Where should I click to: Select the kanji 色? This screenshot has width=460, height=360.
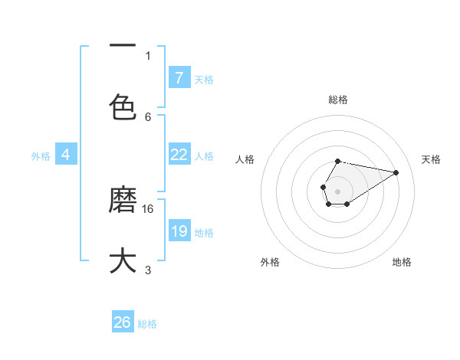pyautogui.click(x=123, y=106)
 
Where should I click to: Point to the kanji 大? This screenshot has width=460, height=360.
pyautogui.click(x=123, y=260)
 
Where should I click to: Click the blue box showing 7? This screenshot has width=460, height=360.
pyautogui.click(x=179, y=77)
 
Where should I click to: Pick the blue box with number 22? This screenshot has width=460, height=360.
pyautogui.click(x=179, y=155)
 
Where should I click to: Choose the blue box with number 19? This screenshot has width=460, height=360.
pyautogui.click(x=179, y=231)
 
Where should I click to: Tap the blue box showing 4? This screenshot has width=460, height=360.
pyautogui.click(x=65, y=155)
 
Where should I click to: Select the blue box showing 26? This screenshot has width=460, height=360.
pyautogui.click(x=123, y=322)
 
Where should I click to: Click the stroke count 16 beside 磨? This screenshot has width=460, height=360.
pyautogui.click(x=149, y=208)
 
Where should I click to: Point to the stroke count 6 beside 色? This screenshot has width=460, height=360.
pyautogui.click(x=148, y=116)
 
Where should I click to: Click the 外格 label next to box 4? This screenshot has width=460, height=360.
pyautogui.click(x=41, y=155)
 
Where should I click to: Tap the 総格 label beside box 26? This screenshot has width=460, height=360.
pyautogui.click(x=147, y=323)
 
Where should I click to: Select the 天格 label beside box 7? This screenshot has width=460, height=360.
pyautogui.click(x=204, y=79)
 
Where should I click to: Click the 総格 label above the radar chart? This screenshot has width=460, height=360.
pyautogui.click(x=337, y=100)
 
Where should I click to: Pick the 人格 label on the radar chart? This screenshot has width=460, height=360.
pyautogui.click(x=245, y=159)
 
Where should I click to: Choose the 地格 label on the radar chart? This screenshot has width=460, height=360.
pyautogui.click(x=402, y=262)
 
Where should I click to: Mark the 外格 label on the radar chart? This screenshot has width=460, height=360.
pyautogui.click(x=270, y=262)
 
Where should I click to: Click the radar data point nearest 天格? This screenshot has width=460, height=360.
pyautogui.click(x=396, y=172)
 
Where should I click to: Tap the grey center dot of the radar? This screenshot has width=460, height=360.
pyautogui.click(x=337, y=190)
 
